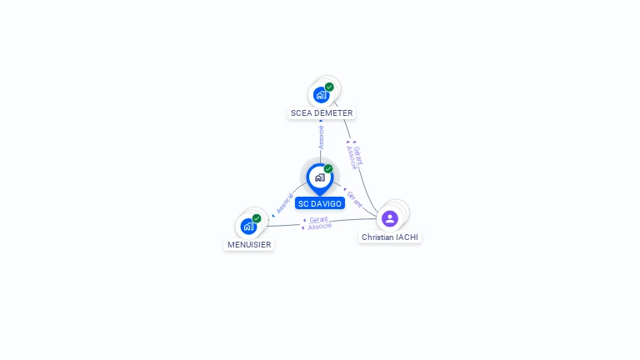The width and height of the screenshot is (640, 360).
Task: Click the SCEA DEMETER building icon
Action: pyautogui.click(x=322, y=95)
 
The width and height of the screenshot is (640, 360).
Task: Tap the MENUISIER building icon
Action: pyautogui.click(x=248, y=226)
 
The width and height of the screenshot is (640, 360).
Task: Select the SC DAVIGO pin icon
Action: pyautogui.click(x=319, y=177)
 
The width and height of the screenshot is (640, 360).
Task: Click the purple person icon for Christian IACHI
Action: pyautogui.click(x=389, y=218)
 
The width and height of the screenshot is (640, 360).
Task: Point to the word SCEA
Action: pyautogui.click(x=301, y=113)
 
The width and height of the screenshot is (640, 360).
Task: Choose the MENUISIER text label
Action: pyautogui.click(x=249, y=245)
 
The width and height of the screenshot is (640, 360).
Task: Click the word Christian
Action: pyautogui.click(x=377, y=237)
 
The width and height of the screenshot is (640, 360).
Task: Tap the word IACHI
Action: pyautogui.click(x=407, y=237)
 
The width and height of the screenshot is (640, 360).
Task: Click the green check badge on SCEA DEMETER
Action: pyautogui.click(x=329, y=87)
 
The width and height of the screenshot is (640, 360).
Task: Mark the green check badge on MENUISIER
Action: pyautogui.click(x=257, y=218)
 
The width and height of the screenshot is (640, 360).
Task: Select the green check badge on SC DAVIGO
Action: pyautogui.click(x=328, y=169)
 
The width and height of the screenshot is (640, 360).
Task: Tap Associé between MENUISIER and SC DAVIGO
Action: pyautogui.click(x=284, y=203)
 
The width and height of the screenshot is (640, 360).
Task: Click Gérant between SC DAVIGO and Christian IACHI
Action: pyautogui.click(x=355, y=198)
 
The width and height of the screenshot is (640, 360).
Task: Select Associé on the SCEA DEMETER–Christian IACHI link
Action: pyautogui.click(x=351, y=157)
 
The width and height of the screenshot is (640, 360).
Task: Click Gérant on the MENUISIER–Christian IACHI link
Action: pyautogui.click(x=318, y=219)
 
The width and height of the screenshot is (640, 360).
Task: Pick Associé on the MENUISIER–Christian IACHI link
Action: pyautogui.click(x=320, y=226)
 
